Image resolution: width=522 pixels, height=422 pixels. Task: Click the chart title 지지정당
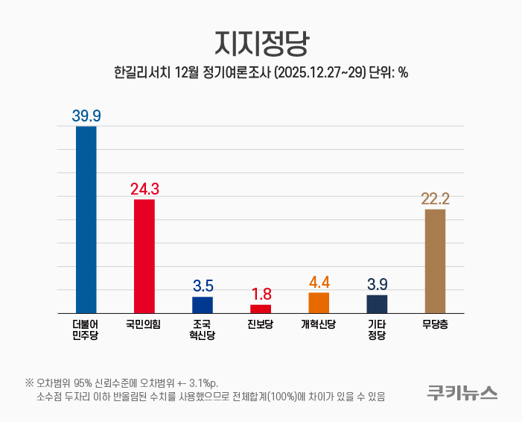click(x=261, y=43)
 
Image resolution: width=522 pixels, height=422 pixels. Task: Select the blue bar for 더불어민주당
click(x=86, y=219)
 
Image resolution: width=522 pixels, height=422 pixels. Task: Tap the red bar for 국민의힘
click(x=144, y=256)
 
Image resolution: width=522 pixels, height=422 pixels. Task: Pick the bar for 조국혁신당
click(x=203, y=305)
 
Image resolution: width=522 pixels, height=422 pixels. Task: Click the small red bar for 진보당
click(x=261, y=309)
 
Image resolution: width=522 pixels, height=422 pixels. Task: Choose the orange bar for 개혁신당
click(x=319, y=303)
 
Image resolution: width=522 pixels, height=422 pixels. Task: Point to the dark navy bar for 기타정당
click(x=377, y=304)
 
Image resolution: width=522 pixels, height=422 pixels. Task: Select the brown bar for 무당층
click(x=435, y=260)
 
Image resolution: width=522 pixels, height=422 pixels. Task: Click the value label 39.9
click(x=86, y=116)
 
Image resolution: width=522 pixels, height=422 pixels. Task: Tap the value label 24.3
click(x=144, y=189)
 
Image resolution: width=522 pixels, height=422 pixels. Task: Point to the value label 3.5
click(x=203, y=286)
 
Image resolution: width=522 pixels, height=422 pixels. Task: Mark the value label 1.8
click(x=261, y=294)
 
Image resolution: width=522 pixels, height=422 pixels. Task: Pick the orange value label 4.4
click(x=319, y=282)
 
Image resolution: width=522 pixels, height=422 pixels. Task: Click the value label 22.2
click(x=435, y=198)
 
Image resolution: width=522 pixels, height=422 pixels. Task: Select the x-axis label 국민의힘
click(x=144, y=324)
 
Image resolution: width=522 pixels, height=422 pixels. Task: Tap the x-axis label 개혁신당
click(x=319, y=324)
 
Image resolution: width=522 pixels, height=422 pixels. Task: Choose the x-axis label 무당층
click(x=435, y=324)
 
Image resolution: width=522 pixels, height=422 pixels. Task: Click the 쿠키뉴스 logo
click(x=462, y=391)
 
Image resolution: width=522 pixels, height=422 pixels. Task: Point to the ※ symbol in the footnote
click(x=29, y=383)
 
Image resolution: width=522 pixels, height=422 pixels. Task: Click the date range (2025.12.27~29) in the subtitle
click(x=321, y=73)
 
